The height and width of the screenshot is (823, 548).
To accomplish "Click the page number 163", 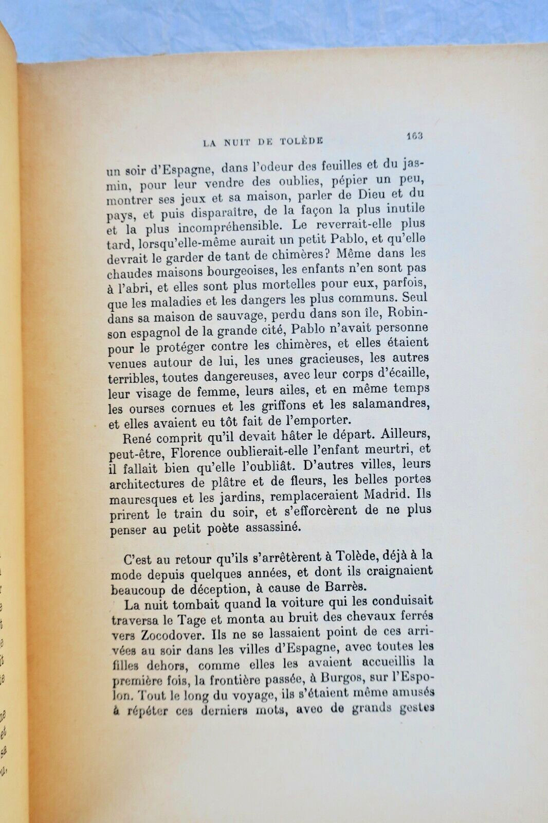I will [414, 136].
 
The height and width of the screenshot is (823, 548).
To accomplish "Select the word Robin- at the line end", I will [408, 312].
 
